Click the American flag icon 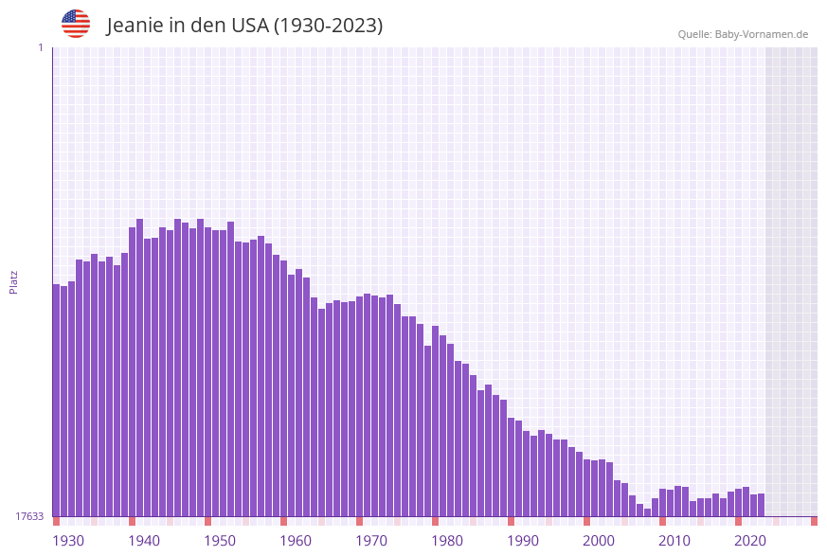coord(76,24)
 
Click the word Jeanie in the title coord(134,26)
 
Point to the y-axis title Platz coord(14,281)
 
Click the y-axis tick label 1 coord(40,47)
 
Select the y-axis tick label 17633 coord(29,516)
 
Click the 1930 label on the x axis coord(68,541)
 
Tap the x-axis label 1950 coord(220,541)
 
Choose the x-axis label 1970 coord(371,541)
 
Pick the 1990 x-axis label coord(523,541)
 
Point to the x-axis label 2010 coord(674,541)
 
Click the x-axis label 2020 coord(750,541)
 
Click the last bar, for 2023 coord(761,505)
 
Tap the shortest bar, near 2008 coord(648,512)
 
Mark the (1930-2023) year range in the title coord(328,26)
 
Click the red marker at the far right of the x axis coord(814,521)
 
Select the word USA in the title coord(250,26)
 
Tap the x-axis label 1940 coord(144,541)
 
